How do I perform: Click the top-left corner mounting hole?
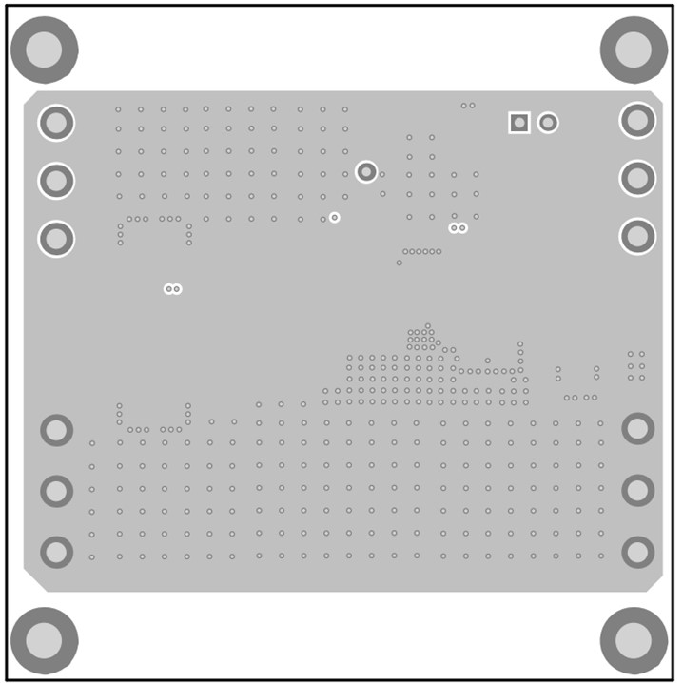coord(44,49)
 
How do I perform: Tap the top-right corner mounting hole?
coord(634,49)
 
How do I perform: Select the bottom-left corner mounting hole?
coord(44,640)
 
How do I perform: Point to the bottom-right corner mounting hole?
coord(634,640)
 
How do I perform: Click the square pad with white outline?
coord(518,123)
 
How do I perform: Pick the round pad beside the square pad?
coord(548,123)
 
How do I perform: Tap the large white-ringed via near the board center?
coord(366,171)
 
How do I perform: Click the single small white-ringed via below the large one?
coord(334,218)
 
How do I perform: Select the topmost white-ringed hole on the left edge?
coord(56,122)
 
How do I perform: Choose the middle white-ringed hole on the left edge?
coord(56,180)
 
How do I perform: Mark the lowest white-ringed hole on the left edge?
coord(56,238)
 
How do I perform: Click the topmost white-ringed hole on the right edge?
coord(637,120)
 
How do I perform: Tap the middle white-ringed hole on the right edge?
coord(637,178)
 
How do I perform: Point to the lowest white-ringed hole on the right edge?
coord(637,236)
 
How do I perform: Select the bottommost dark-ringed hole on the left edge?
coord(56,552)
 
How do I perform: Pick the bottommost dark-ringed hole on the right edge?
coord(637,552)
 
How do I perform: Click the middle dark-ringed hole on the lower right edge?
coord(637,490)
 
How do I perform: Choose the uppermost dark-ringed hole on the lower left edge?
coord(56,430)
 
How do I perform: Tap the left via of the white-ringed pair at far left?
coord(168,288)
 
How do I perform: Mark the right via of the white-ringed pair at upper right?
coord(463,228)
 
